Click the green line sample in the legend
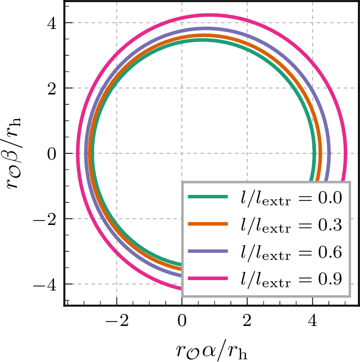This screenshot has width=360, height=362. tap(207, 197)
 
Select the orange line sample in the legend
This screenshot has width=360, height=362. tap(207, 224)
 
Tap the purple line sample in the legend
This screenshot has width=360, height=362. tap(207, 251)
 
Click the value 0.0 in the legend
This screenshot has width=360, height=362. tap(330, 197)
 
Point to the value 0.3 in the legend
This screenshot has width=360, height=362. tap(330, 224)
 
